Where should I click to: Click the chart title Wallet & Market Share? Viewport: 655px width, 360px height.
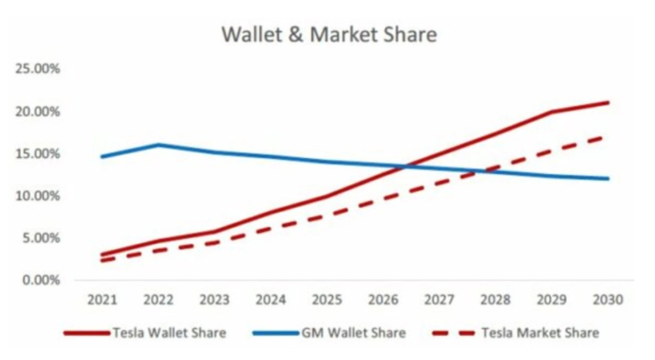(329, 35)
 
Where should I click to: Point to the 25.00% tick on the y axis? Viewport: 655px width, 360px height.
(38, 69)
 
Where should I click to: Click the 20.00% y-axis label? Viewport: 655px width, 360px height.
(38, 112)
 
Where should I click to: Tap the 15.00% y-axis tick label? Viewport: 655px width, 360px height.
(38, 154)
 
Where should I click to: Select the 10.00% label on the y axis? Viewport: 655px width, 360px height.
(38, 196)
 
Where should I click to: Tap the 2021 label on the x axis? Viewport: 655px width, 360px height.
(102, 300)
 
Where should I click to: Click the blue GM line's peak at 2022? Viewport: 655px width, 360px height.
(159, 144)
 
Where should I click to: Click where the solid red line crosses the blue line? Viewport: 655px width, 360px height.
(406, 166)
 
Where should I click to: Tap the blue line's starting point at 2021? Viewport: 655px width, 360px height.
(102, 156)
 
